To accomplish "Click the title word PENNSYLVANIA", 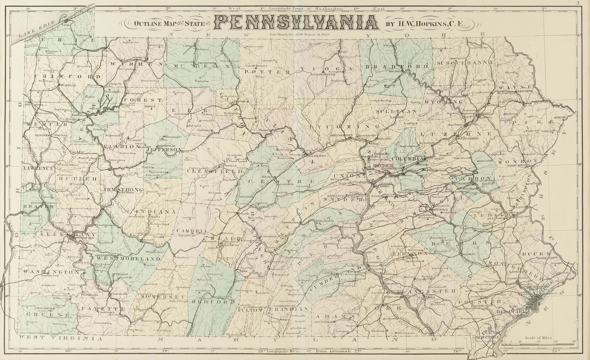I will [297, 24].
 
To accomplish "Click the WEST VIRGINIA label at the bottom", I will [59, 338].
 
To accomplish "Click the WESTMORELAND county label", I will [129, 259].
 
